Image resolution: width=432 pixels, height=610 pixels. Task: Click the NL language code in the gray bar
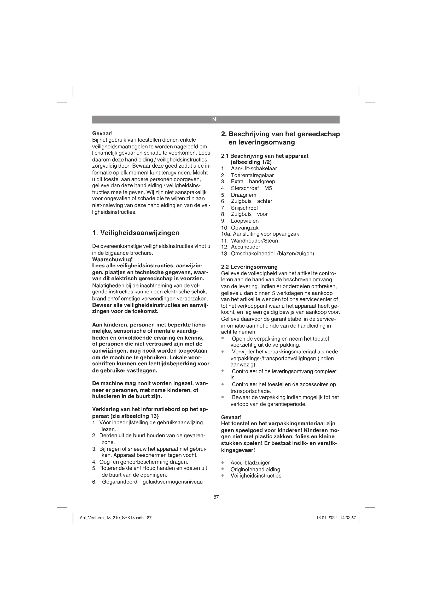pyautogui.click(x=215, y=119)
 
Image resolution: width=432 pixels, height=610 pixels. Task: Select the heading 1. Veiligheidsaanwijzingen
pyautogui.click(x=136, y=233)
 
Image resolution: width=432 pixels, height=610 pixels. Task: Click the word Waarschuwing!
pyautogui.click(x=112, y=259)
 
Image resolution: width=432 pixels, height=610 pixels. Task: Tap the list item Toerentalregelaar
pyautogui.click(x=252, y=175)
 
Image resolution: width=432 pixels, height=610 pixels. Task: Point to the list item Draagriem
pyautogui.click(x=243, y=195)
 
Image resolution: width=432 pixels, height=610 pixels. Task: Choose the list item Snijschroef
pyautogui.click(x=244, y=208)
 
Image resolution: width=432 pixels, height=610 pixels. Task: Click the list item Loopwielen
pyautogui.click(x=244, y=221)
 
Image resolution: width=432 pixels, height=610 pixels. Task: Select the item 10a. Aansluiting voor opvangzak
pyautogui.click(x=260, y=234)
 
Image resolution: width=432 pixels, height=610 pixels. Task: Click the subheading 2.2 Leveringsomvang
pyautogui.click(x=249, y=267)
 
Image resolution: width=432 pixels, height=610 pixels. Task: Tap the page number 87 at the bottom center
pyautogui.click(x=216, y=497)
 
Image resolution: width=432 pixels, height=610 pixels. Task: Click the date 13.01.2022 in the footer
pyautogui.click(x=326, y=518)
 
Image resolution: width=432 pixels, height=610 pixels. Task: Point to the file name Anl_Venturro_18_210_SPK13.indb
pyautogui.click(x=112, y=518)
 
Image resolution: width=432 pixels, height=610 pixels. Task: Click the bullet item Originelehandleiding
pyautogui.click(x=255, y=469)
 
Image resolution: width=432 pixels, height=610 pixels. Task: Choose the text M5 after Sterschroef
pyautogui.click(x=268, y=188)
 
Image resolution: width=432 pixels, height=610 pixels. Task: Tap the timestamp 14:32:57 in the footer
pyautogui.click(x=348, y=518)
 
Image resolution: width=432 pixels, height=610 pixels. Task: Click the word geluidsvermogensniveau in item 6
pyautogui.click(x=173, y=482)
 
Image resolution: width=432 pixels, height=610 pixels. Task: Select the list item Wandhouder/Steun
pyautogui.click(x=254, y=241)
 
